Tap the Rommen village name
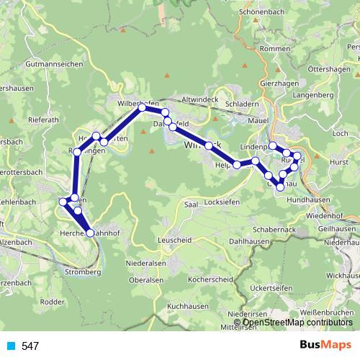(x=275, y=48)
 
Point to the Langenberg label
(x=312, y=95)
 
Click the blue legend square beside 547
(x=10, y=346)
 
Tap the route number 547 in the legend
(x=30, y=346)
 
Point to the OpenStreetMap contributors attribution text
(x=297, y=323)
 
